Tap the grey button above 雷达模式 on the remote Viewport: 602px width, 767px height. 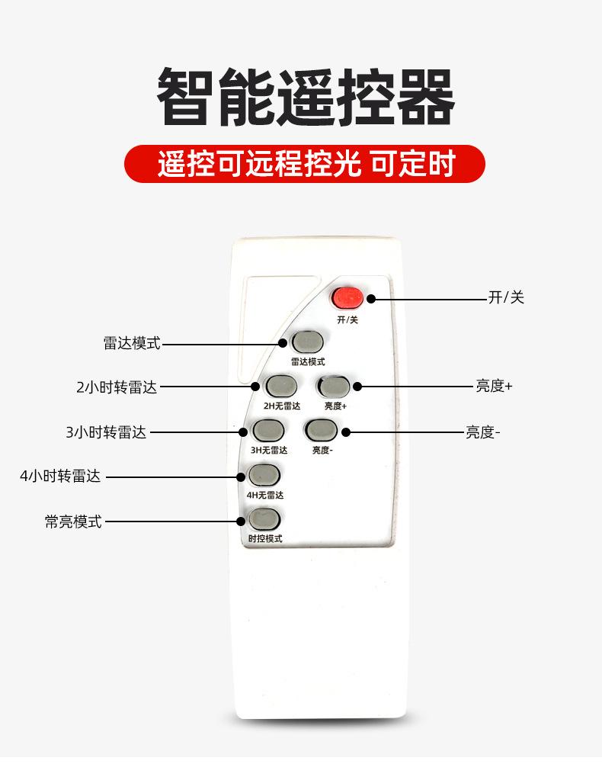[307, 342]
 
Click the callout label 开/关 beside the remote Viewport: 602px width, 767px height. [506, 297]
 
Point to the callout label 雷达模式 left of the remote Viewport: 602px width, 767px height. [132, 343]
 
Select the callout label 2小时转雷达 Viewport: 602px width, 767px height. [117, 387]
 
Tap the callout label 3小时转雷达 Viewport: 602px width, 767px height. [105, 432]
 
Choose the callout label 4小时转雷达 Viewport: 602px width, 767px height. [60, 477]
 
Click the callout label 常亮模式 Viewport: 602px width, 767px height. [72, 522]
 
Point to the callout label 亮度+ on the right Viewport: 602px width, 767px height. [494, 387]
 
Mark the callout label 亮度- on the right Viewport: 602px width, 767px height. [482, 432]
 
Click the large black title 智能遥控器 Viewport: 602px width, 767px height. [305, 97]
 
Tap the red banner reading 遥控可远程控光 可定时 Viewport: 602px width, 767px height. [305, 164]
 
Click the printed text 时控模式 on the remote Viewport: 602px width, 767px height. [264, 539]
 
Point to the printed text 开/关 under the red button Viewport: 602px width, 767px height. [347, 319]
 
